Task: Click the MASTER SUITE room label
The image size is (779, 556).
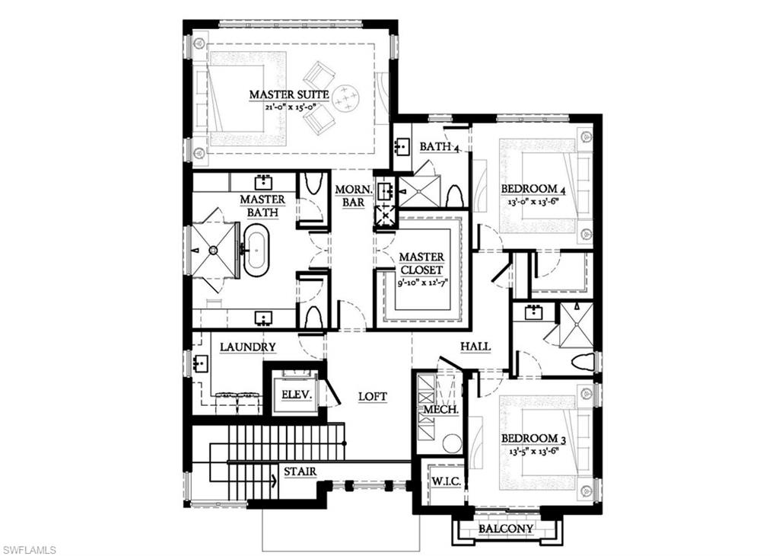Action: pos(289,94)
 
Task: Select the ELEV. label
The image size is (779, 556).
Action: pos(294,395)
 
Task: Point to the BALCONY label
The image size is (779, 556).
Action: pos(506,529)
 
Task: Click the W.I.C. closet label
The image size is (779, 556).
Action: pos(444,482)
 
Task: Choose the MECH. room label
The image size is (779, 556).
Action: pos(441,410)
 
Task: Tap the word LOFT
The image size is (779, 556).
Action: pos(373,397)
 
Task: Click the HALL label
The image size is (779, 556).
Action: pos(475,347)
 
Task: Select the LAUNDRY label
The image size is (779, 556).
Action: pos(247,347)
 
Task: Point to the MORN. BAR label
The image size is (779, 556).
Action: pos(353,196)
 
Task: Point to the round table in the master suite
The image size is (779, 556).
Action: pos(348,98)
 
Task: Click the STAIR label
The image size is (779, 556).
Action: pos(300,471)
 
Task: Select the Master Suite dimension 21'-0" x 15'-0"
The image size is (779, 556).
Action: pos(289,107)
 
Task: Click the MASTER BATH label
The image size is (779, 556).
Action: pos(262,206)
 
